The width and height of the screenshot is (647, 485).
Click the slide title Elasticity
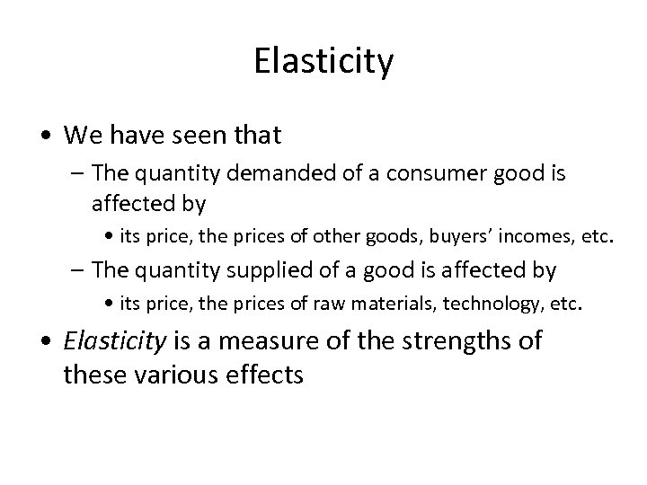(323, 62)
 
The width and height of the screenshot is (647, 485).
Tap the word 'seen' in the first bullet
(194, 136)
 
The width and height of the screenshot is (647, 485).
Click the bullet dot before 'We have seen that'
(45, 137)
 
